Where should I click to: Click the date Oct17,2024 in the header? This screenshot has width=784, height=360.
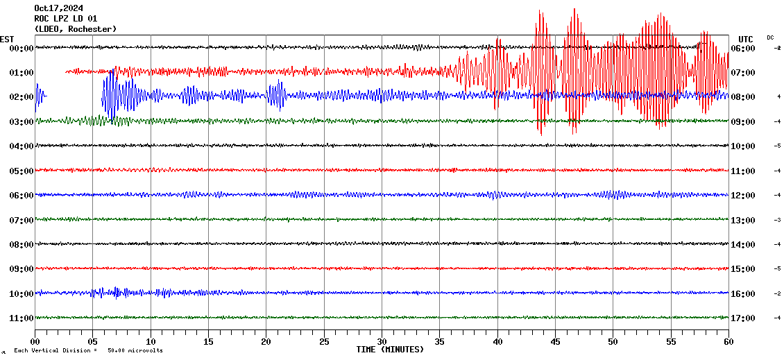tap(58, 8)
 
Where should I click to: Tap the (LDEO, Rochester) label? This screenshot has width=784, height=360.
tap(76, 29)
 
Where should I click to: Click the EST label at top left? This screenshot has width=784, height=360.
tap(7, 39)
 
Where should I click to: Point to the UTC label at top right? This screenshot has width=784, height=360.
tap(746, 39)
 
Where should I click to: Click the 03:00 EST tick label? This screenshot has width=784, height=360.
tap(22, 122)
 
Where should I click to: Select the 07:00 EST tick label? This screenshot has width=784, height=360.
tap(22, 221)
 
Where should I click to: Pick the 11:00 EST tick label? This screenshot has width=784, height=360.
tap(22, 318)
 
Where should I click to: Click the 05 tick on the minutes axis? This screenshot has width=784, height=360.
tap(93, 341)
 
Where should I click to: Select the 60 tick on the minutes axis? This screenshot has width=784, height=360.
tap(728, 341)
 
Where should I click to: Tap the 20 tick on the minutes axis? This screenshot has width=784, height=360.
tap(266, 341)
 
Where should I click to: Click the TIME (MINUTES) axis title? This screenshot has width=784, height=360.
tap(390, 350)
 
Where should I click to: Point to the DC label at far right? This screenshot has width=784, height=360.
tap(770, 37)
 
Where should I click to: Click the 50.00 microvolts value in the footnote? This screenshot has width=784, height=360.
tap(135, 351)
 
